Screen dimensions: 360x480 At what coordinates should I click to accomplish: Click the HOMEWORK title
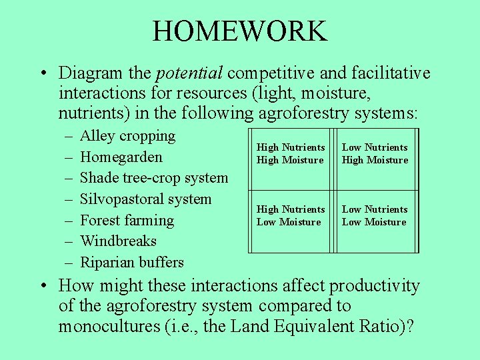pos(239,31)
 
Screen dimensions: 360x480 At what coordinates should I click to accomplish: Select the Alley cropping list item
pos(127,136)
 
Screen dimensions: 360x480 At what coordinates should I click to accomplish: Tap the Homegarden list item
pos(121,157)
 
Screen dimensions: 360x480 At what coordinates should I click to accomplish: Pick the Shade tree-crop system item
pos(153,178)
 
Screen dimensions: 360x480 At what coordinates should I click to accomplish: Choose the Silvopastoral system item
pos(145,199)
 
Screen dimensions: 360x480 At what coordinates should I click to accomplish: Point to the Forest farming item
pos(127,220)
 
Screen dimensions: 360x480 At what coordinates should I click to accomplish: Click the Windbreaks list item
pos(118,241)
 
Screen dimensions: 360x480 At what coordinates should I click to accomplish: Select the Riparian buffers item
pos(131,262)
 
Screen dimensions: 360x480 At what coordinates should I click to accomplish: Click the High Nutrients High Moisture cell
pos(291,153)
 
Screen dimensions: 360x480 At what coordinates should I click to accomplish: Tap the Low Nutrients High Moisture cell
pos(375,153)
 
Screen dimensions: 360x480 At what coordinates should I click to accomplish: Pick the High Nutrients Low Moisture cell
pos(291,215)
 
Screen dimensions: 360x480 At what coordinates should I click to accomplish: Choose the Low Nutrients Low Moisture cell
pos(375,215)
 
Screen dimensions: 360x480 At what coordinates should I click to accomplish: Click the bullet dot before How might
pos(42,287)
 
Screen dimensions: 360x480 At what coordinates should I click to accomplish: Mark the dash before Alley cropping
pos(70,137)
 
